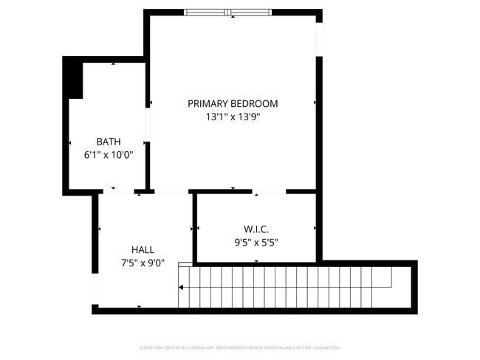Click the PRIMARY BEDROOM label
click(233, 103)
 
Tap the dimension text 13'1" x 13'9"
click(233, 117)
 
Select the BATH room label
click(109, 142)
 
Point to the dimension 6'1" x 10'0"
click(109, 155)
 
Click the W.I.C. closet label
click(256, 229)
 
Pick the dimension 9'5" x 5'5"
click(256, 242)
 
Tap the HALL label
click(143, 249)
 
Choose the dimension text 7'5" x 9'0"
click(143, 263)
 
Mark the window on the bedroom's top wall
click(229, 12)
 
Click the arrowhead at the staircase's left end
click(182, 288)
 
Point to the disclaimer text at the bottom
click(240, 347)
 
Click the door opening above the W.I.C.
click(270, 192)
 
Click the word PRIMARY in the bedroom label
click(208, 103)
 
